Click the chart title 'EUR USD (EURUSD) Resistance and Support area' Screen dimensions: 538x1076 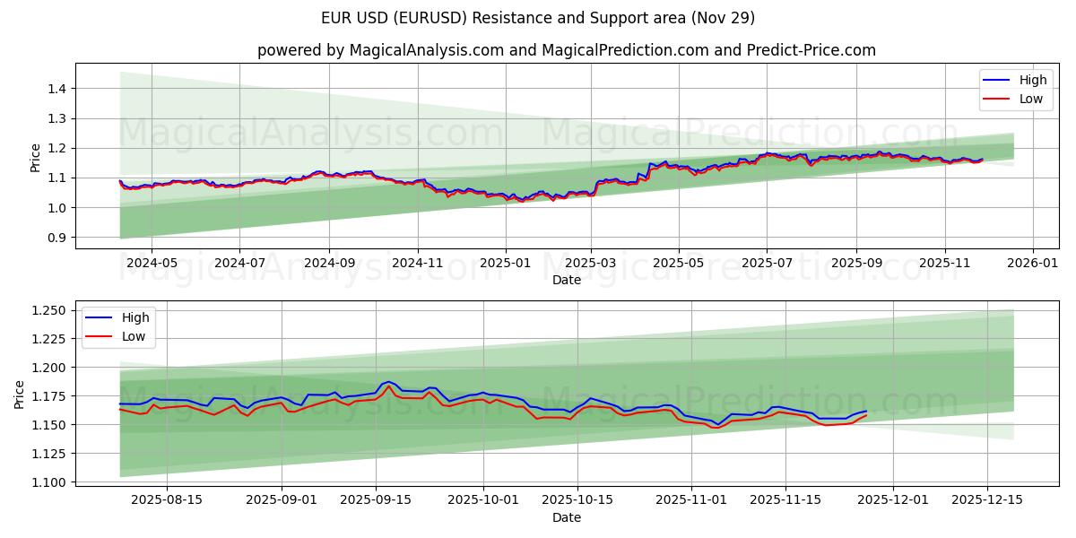538,18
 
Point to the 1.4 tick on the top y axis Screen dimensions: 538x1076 56,89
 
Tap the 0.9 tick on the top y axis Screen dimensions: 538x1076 56,238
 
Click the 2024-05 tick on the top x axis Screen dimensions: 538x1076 151,264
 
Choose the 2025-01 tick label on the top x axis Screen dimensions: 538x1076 505,264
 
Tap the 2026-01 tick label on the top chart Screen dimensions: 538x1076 1033,264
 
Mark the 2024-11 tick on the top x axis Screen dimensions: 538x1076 417,264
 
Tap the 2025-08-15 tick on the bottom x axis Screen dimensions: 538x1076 168,500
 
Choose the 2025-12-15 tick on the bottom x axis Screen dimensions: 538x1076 987,500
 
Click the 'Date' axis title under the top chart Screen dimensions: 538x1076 567,280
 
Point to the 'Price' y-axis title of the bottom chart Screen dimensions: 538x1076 20,394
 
